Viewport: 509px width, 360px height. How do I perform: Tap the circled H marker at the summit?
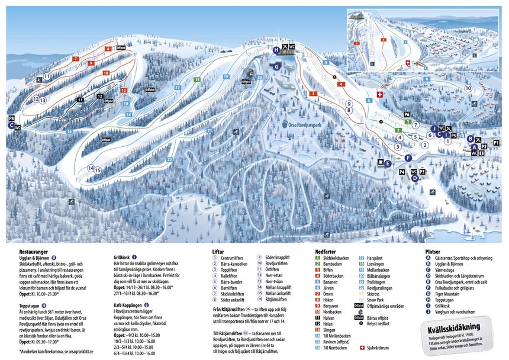click(276, 50)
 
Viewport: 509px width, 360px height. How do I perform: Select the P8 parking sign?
click(11, 119)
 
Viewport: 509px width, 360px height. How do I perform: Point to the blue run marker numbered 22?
click(169, 159)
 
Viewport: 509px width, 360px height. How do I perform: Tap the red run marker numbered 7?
click(76, 59)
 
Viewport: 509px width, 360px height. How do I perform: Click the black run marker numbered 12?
click(100, 96)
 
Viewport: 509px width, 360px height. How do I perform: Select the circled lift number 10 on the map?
click(468, 88)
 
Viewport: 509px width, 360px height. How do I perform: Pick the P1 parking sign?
click(496, 143)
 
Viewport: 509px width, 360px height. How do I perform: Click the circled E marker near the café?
click(388, 163)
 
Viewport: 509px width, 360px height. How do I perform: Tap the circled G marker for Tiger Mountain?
click(276, 67)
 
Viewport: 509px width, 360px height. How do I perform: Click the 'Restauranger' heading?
click(33, 251)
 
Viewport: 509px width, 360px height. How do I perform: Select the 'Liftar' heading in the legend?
click(218, 251)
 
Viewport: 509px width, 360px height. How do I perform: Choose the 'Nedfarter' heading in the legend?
click(327, 251)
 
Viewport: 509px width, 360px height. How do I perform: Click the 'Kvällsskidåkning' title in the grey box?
click(459, 328)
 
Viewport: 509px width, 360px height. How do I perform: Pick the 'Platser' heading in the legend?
click(433, 251)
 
